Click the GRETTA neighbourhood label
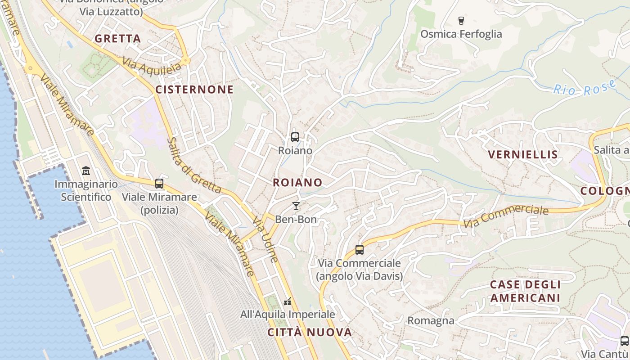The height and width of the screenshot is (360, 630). pyautogui.click(x=118, y=39)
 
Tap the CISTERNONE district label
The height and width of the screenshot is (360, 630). pyautogui.click(x=194, y=90)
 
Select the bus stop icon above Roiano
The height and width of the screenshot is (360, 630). pyautogui.click(x=295, y=137)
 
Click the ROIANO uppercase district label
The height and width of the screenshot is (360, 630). pyautogui.click(x=297, y=182)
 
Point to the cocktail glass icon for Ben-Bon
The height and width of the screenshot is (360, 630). pyautogui.click(x=296, y=206)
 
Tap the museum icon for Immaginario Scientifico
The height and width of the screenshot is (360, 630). pyautogui.click(x=86, y=171)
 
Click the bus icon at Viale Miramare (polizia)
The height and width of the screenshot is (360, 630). pyautogui.click(x=159, y=184)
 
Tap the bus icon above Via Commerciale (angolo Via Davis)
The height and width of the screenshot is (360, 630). pyautogui.click(x=359, y=250)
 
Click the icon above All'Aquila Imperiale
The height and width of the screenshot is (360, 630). pyautogui.click(x=288, y=301)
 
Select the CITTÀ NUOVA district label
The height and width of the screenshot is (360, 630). pyautogui.click(x=310, y=333)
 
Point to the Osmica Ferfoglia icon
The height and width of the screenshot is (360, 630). pyautogui.click(x=461, y=20)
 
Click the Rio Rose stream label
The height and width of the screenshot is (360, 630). pyautogui.click(x=585, y=88)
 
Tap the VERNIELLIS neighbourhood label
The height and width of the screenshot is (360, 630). pyautogui.click(x=523, y=155)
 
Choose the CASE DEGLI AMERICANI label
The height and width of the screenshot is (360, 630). pyautogui.click(x=525, y=291)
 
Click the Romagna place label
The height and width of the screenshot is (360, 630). pyautogui.click(x=431, y=321)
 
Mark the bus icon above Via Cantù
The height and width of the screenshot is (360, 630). pyautogui.click(x=624, y=341)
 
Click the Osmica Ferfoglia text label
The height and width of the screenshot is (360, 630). pyautogui.click(x=461, y=34)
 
